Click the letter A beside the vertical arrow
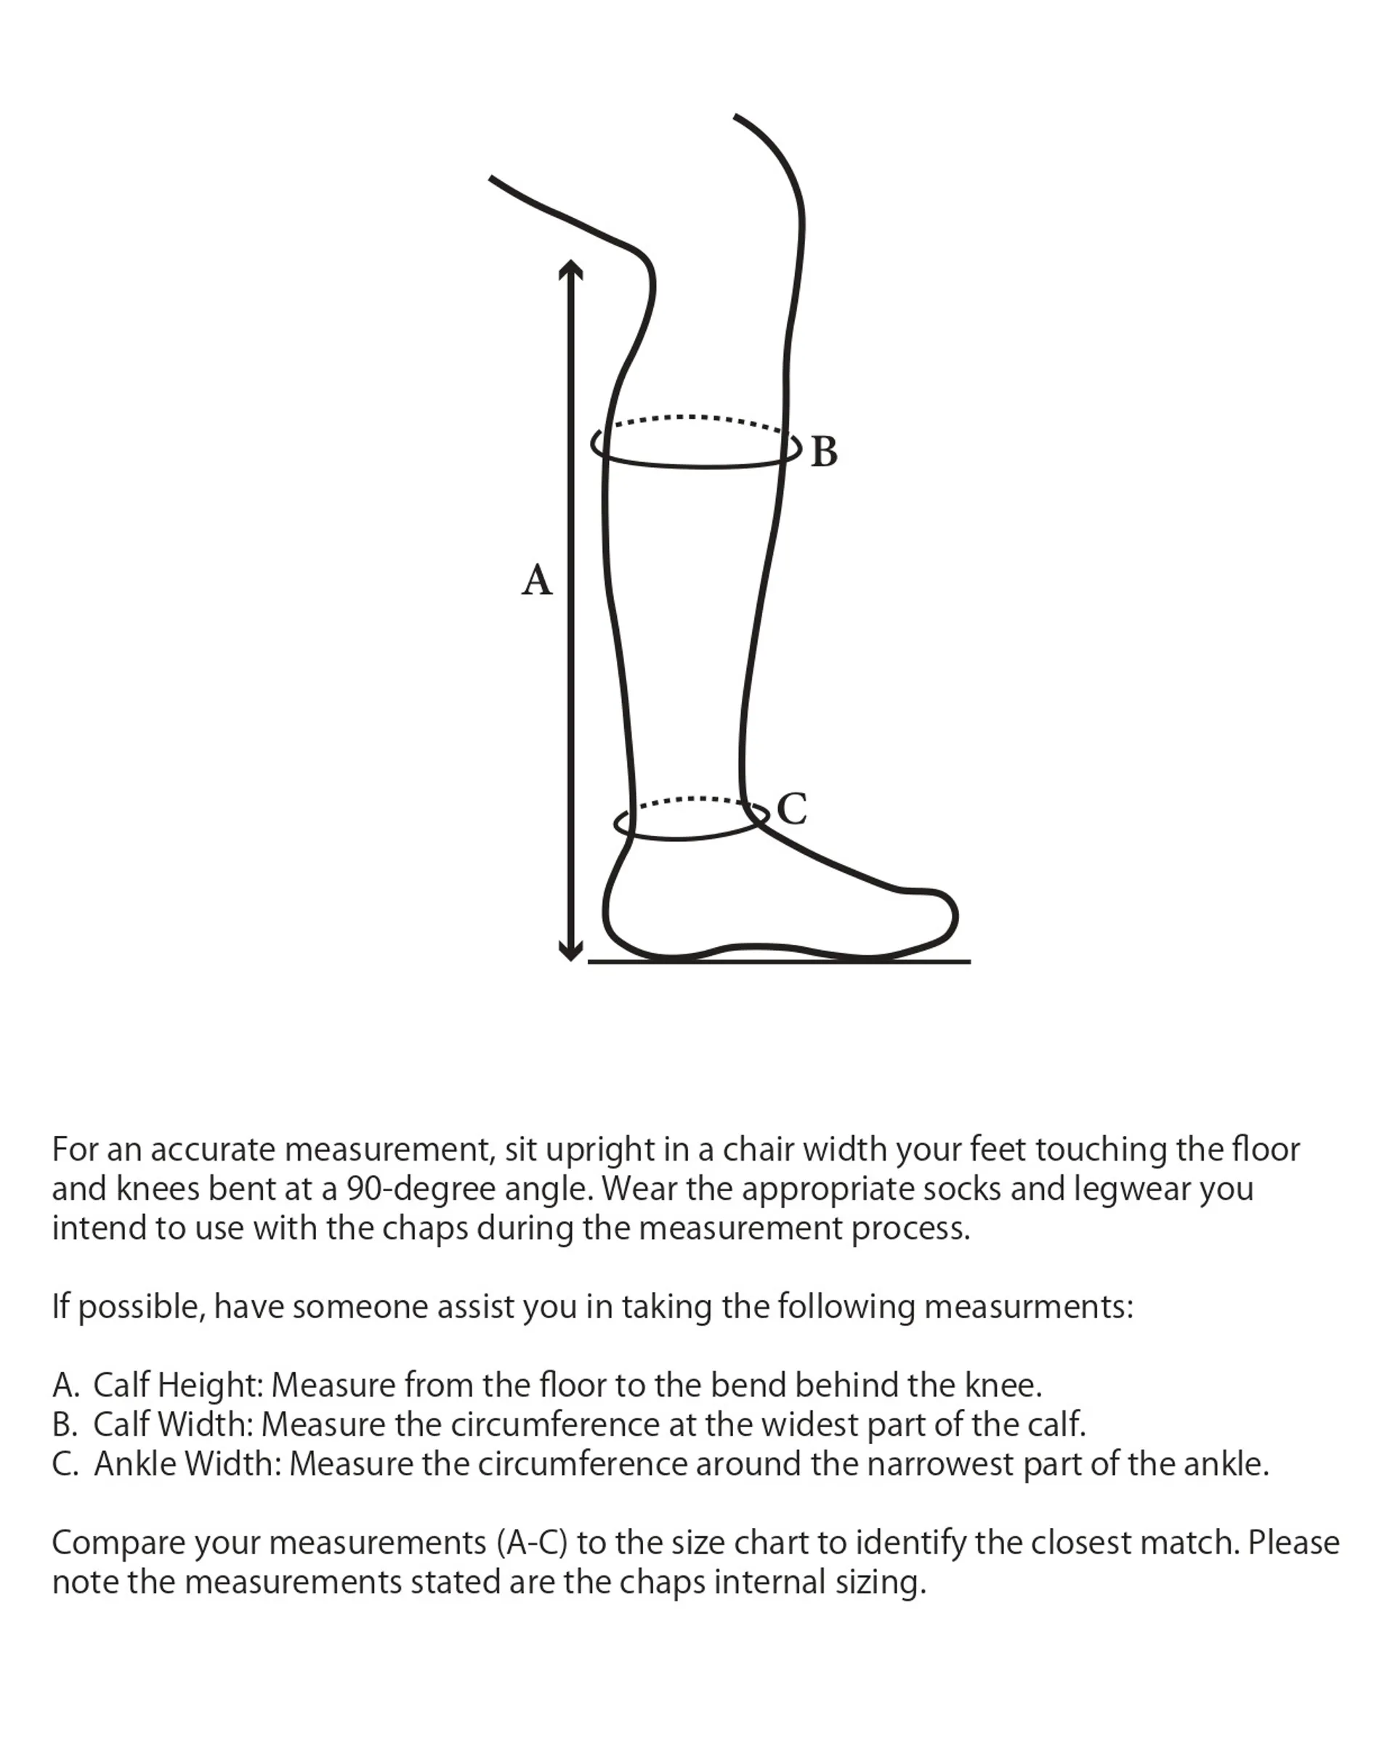(536, 580)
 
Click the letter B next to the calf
(824, 452)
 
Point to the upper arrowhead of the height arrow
(570, 269)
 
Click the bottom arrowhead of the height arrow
(570, 951)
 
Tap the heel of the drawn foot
(607, 915)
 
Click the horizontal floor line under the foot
(779, 962)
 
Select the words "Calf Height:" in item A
(177, 1384)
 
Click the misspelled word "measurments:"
(1028, 1307)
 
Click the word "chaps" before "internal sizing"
(661, 1583)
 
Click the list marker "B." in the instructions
(65, 1424)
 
